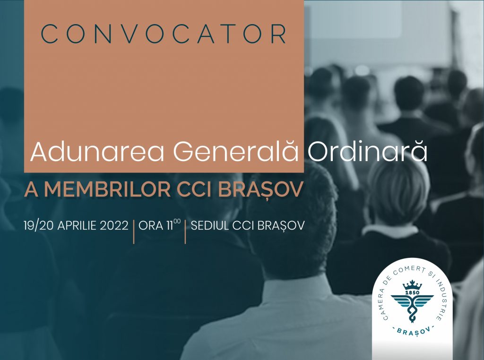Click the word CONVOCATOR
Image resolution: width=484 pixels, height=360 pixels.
(164, 34)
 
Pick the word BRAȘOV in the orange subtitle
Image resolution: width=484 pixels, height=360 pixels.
(260, 190)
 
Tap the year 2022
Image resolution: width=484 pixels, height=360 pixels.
(114, 225)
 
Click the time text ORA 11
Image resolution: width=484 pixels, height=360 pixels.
(159, 225)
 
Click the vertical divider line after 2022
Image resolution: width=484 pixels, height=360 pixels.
(134, 231)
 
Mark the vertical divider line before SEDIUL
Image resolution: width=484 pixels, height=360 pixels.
(185, 231)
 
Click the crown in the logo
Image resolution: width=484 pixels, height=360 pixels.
(412, 285)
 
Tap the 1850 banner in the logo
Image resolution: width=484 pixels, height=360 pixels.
(412, 292)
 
